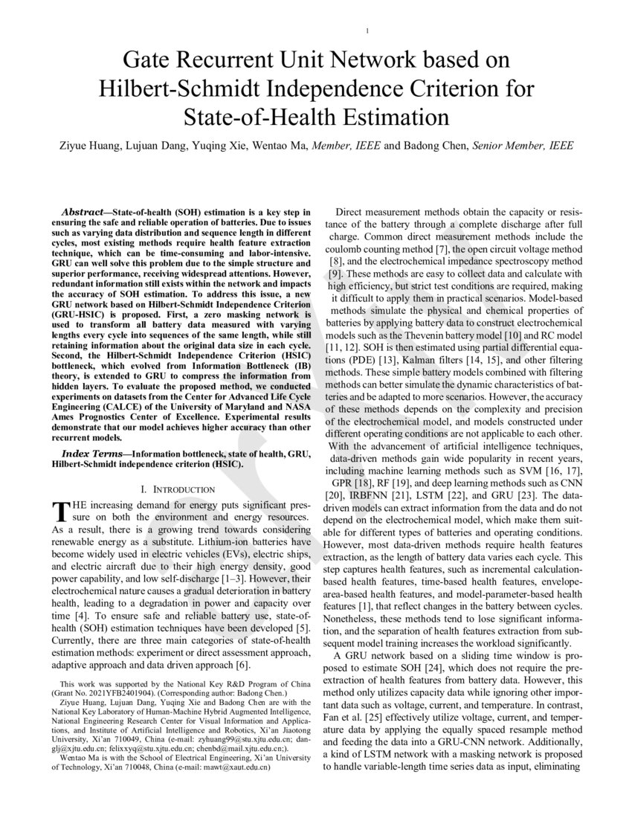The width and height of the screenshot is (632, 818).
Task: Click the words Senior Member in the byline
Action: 507,146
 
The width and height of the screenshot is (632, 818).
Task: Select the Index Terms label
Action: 93,454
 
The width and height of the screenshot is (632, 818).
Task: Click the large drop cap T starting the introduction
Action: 59,512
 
